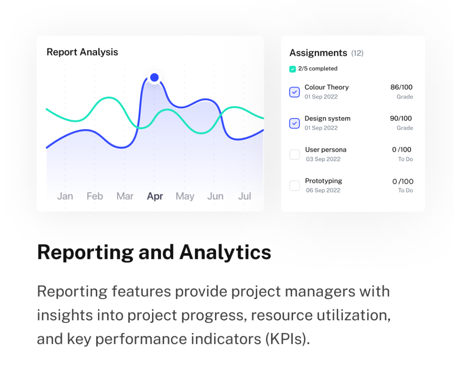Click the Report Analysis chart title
[82, 52]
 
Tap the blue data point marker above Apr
[154, 77]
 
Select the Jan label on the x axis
[65, 196]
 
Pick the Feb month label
[95, 196]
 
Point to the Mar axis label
[125, 196]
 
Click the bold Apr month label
[155, 196]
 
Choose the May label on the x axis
[185, 196]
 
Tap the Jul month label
[244, 196]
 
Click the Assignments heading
[318, 53]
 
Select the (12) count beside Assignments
[357, 53]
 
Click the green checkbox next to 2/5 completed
[293, 69]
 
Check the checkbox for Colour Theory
[294, 92]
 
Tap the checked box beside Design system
[294, 123]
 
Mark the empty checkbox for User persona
[294, 154]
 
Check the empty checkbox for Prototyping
[294, 186]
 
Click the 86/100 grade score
[401, 87]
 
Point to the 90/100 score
[401, 119]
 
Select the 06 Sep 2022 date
[323, 190]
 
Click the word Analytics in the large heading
[225, 252]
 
